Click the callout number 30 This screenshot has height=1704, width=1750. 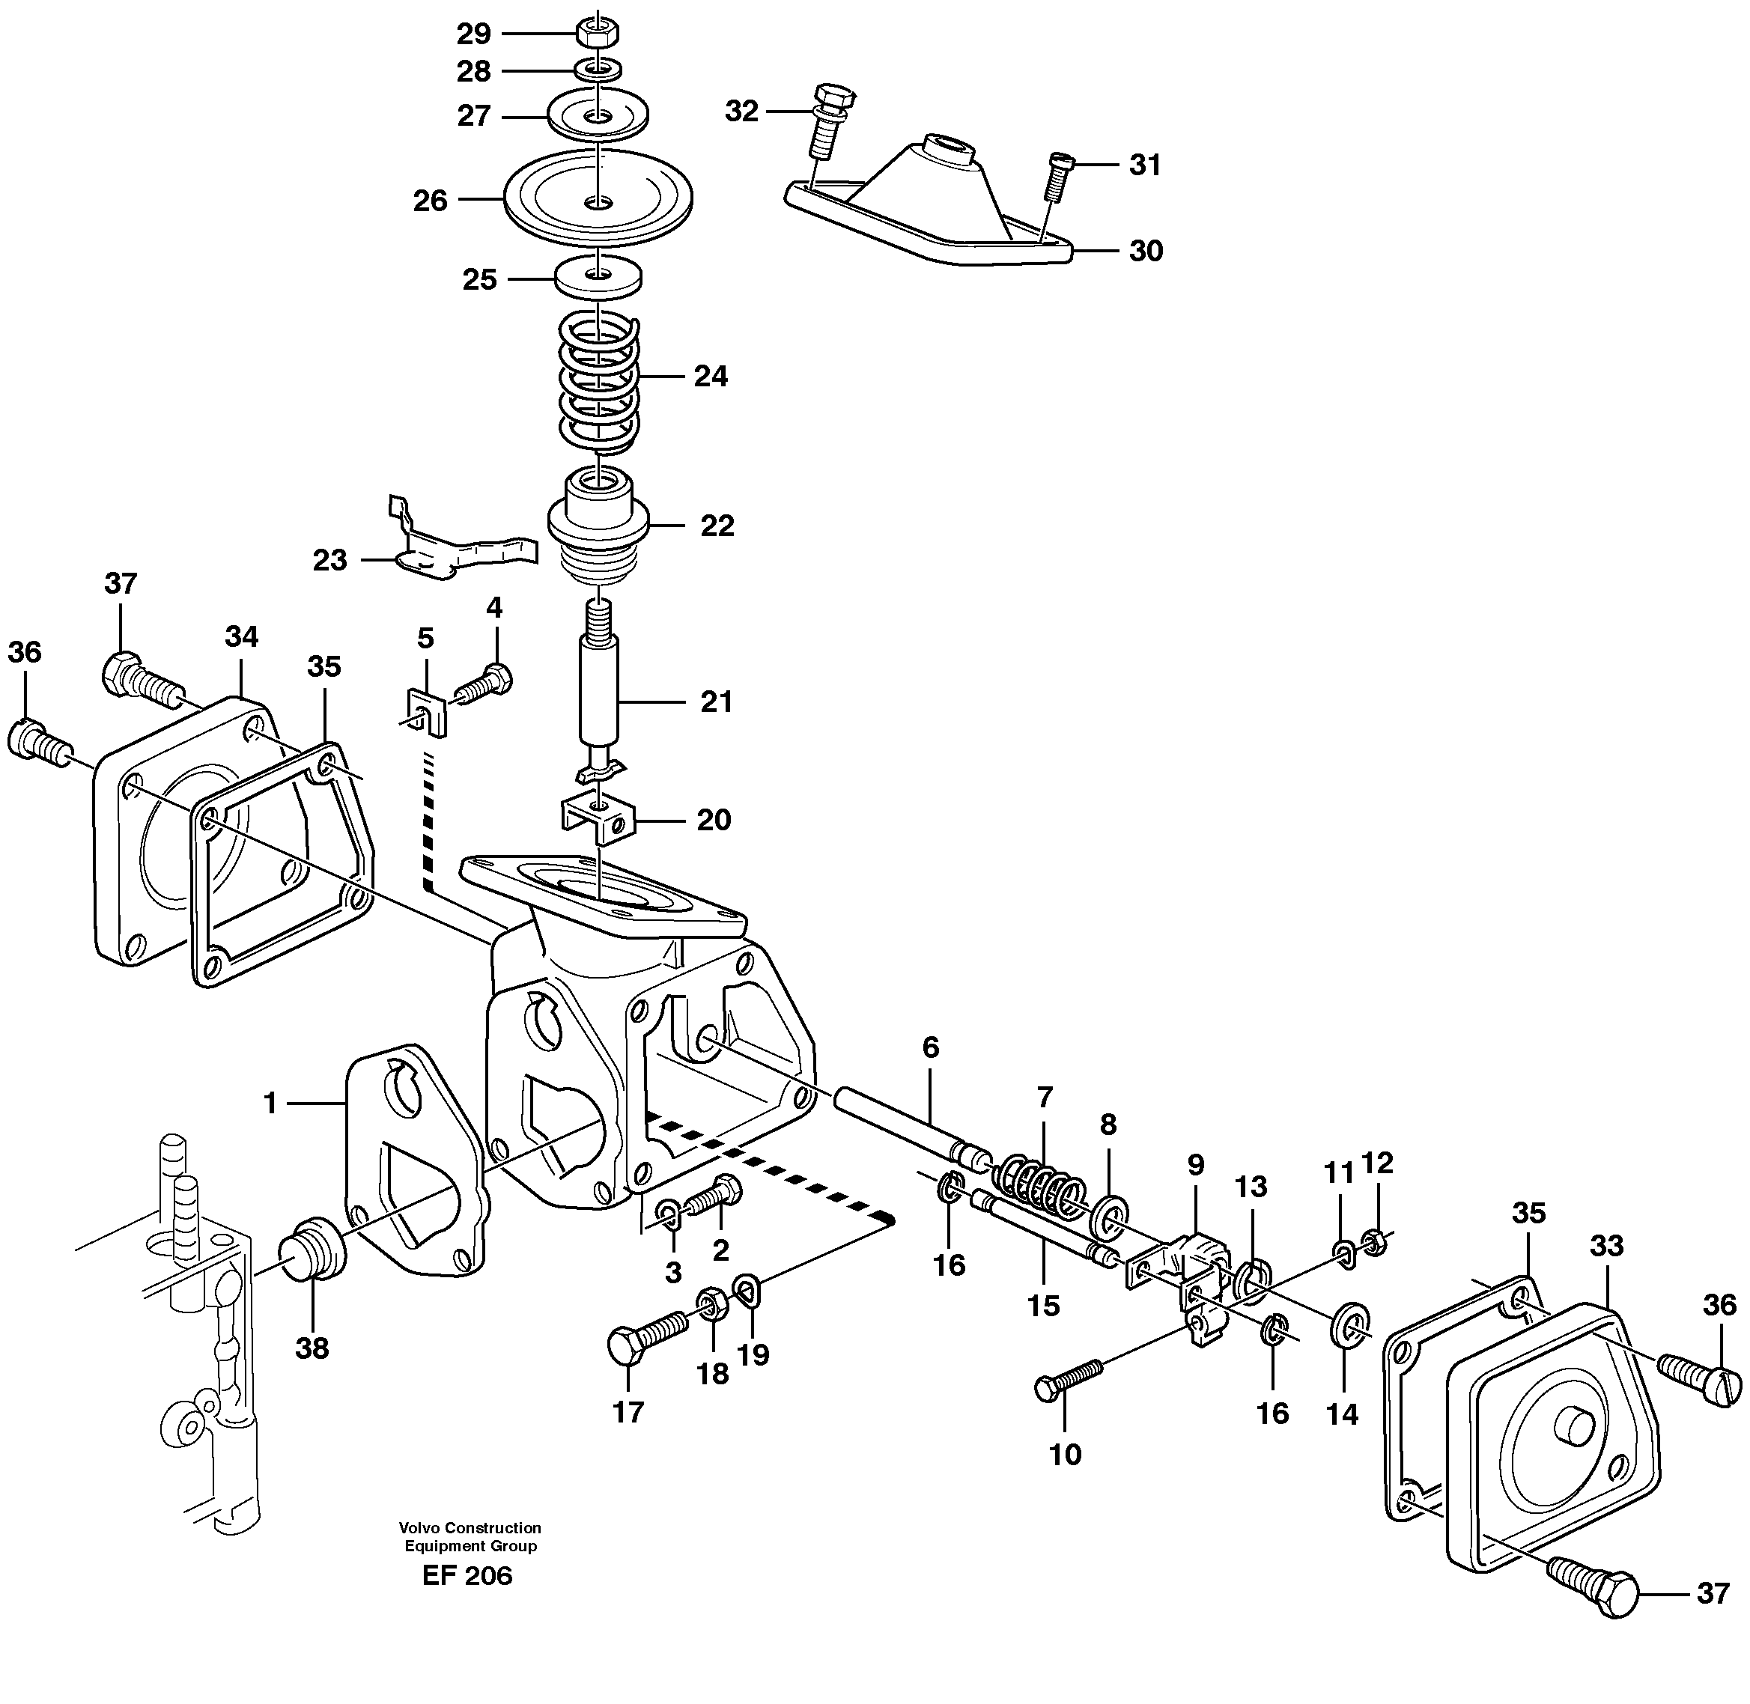1145,251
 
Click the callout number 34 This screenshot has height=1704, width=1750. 241,637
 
